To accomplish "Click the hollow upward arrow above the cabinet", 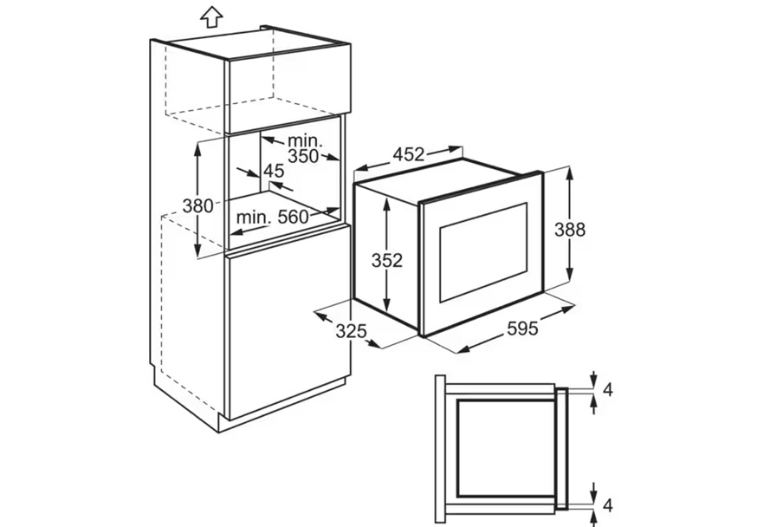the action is click(211, 17).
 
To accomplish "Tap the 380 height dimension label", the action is click(197, 205).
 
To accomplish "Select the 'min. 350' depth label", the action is click(304, 148).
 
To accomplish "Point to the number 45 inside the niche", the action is click(274, 171).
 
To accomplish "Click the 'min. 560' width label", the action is click(272, 218).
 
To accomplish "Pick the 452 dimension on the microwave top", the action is click(409, 154).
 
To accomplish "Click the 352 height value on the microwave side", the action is click(386, 260).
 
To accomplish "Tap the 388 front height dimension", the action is click(570, 230).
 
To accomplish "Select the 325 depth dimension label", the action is click(352, 331).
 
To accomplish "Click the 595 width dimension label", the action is click(522, 329).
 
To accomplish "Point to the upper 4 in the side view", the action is click(608, 389).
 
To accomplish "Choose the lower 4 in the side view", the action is click(608, 505).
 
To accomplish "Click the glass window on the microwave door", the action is click(482, 252).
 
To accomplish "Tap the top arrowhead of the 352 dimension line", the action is click(386, 204).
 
